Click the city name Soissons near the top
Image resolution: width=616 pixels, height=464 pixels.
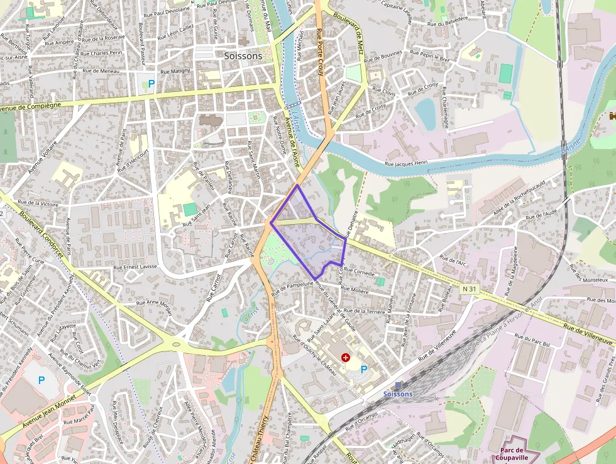click(x=243, y=56)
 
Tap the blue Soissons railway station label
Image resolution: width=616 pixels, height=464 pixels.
click(x=398, y=394)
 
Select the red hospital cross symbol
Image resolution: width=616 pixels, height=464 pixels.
click(x=345, y=358)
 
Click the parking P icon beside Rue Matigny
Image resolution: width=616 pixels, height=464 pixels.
click(x=151, y=83)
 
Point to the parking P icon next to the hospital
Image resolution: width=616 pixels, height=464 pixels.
click(x=364, y=370)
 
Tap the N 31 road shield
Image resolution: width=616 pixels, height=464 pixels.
click(x=468, y=288)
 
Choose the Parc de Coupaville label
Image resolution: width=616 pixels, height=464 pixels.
click(x=519, y=454)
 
